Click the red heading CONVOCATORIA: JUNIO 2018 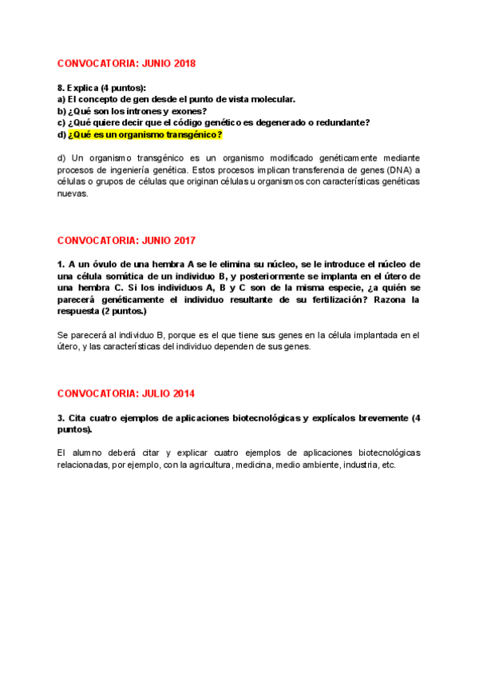126,63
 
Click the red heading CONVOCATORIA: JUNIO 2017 126,241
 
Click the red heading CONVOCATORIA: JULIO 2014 126,394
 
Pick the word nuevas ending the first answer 72,193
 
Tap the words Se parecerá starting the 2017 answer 81,335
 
